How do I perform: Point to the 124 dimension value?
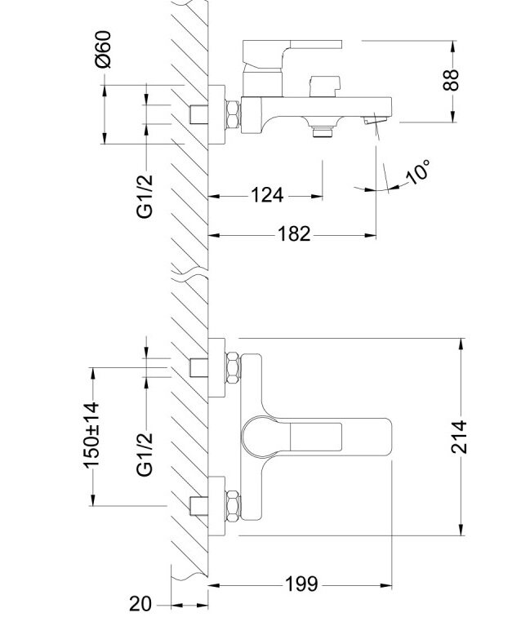[266, 195]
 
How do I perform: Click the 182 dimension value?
[294, 234]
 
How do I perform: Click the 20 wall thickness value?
[141, 605]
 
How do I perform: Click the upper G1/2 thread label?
[145, 194]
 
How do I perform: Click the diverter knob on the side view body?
[323, 84]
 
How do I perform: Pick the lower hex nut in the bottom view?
[234, 506]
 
